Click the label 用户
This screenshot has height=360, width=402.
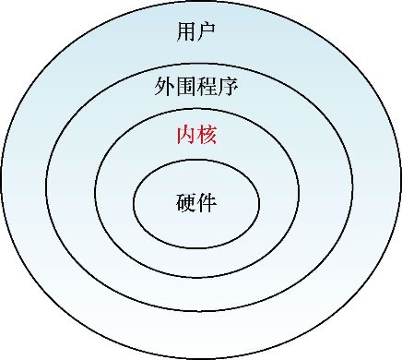(x=195, y=34)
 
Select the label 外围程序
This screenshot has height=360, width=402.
(x=195, y=89)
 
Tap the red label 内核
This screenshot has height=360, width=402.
(x=195, y=136)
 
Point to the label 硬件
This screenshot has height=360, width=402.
(x=195, y=202)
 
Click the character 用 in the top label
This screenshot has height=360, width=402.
(x=185, y=34)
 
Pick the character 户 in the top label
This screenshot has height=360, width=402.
(x=207, y=34)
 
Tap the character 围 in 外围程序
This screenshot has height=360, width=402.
(x=185, y=89)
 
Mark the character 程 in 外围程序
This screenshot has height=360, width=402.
(x=207, y=89)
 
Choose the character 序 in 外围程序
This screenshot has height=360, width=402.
(x=228, y=89)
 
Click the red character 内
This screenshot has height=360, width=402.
(x=185, y=136)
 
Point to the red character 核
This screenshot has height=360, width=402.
(x=207, y=136)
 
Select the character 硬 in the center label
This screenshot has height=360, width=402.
(x=185, y=202)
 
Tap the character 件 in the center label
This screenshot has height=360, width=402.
(x=207, y=202)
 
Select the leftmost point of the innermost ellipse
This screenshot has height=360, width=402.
(x=135, y=203)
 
